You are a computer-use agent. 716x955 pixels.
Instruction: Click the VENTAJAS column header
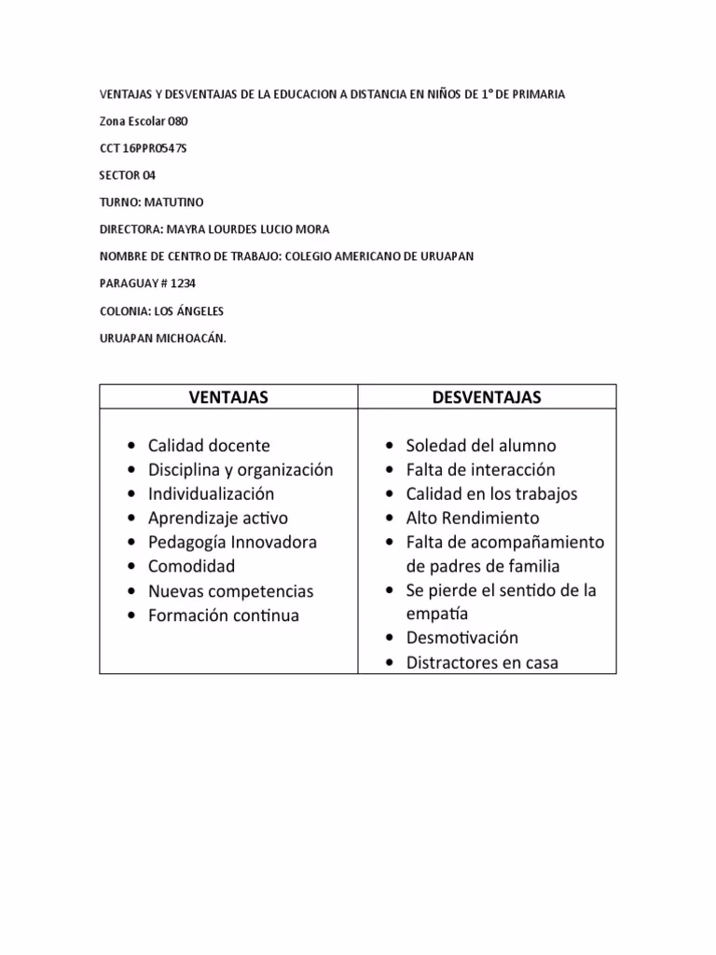click(228, 397)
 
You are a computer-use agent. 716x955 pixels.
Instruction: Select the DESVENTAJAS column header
click(487, 397)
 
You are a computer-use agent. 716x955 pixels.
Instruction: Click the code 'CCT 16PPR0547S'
click(143, 147)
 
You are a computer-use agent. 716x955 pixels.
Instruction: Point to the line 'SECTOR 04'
click(128, 174)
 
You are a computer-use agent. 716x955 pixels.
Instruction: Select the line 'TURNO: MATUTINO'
click(151, 201)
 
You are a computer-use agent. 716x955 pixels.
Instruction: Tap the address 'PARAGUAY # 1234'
click(147, 284)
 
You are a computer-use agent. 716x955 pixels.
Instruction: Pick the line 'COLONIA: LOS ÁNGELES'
click(161, 311)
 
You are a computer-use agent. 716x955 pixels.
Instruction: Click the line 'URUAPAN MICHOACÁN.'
click(162, 338)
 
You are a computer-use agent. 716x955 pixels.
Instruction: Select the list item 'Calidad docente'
click(209, 446)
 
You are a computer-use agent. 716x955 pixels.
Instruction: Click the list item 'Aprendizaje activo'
click(218, 519)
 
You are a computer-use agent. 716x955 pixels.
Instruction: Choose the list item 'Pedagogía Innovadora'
click(232, 543)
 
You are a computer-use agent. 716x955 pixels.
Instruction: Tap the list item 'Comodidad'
click(191, 567)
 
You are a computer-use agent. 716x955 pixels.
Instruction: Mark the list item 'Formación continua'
click(224, 616)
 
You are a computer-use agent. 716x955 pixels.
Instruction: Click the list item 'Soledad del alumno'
click(480, 446)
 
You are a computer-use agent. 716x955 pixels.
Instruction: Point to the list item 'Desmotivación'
click(462, 639)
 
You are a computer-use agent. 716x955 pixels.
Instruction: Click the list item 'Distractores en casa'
click(482, 663)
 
